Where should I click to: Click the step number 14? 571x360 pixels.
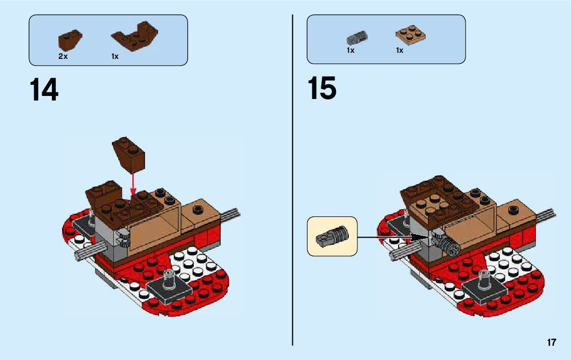(44, 90)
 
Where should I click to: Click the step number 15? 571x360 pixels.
(321, 89)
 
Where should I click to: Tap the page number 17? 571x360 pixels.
(552, 343)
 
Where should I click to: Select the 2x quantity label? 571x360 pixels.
(63, 56)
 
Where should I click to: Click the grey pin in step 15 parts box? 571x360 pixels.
(357, 37)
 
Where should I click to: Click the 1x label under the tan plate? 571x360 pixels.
(400, 51)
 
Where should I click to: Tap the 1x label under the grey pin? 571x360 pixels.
(350, 51)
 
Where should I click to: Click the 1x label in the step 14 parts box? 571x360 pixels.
(115, 56)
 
